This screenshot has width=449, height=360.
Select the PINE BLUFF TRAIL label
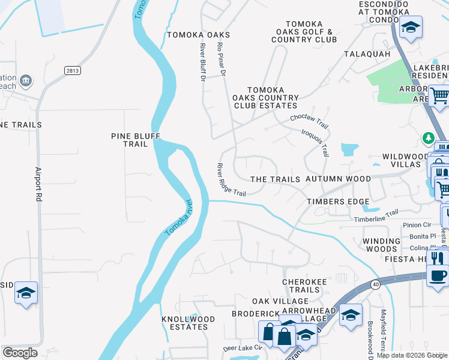(136, 140)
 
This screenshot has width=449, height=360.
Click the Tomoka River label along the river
(178, 217)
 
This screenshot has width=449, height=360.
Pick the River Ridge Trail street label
(232, 179)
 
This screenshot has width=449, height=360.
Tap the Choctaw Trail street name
(309, 121)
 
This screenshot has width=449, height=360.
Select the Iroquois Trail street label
(315, 142)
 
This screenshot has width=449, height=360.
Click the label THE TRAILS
(275, 179)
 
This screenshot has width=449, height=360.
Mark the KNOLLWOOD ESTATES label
(185, 323)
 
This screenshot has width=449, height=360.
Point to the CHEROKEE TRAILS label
(301, 286)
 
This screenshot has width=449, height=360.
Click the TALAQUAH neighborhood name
(367, 54)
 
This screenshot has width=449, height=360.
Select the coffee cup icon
(437, 276)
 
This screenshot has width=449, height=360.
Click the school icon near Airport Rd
(26, 293)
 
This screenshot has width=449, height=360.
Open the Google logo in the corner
(20, 353)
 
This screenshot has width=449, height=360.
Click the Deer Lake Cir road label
(243, 347)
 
